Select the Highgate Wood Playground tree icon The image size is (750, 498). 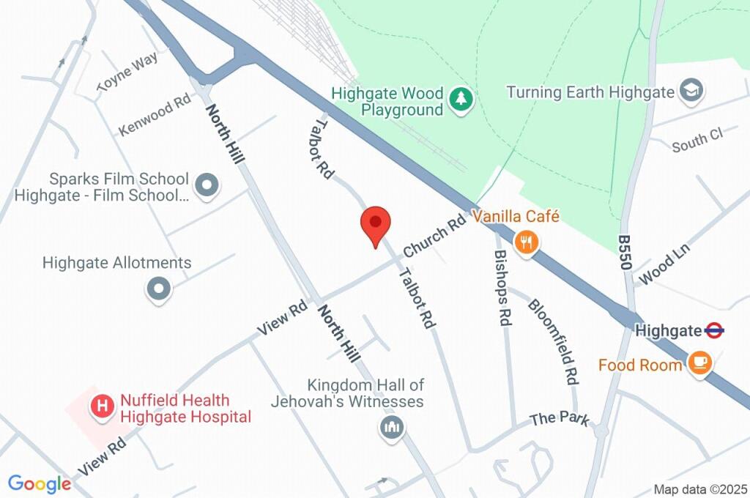tap(461, 98)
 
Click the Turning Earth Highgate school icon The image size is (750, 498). tap(689, 92)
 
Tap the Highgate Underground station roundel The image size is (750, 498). tap(714, 330)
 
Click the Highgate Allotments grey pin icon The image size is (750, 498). tap(158, 288)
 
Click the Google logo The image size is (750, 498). tap(39, 483)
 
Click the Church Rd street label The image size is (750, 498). tap(434, 234)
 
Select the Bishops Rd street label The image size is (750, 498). tap(502, 288)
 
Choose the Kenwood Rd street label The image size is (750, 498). tap(155, 115)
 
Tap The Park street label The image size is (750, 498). tap(559, 419)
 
